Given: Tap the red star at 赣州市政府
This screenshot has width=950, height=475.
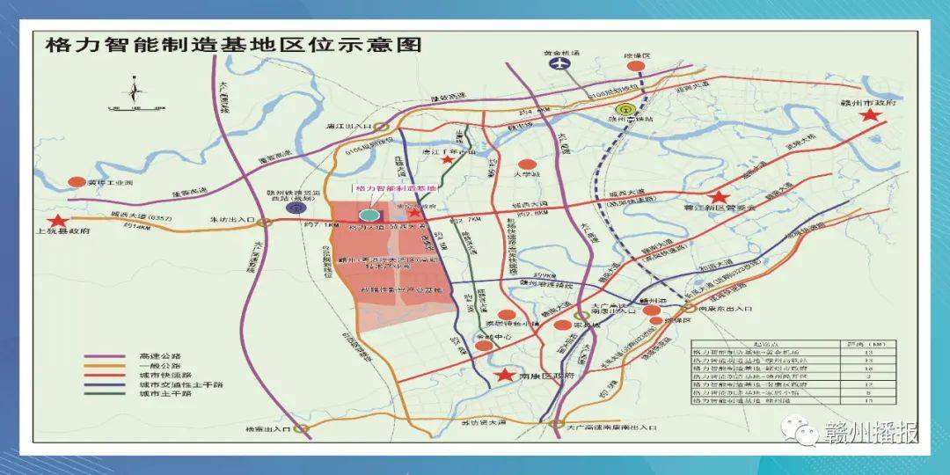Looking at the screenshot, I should click(x=871, y=115).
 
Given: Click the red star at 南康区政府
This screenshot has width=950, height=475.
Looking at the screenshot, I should click(x=504, y=376).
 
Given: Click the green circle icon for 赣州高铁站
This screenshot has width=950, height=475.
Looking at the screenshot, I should click(x=624, y=110).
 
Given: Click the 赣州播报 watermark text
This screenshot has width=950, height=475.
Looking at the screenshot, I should click(x=871, y=434).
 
